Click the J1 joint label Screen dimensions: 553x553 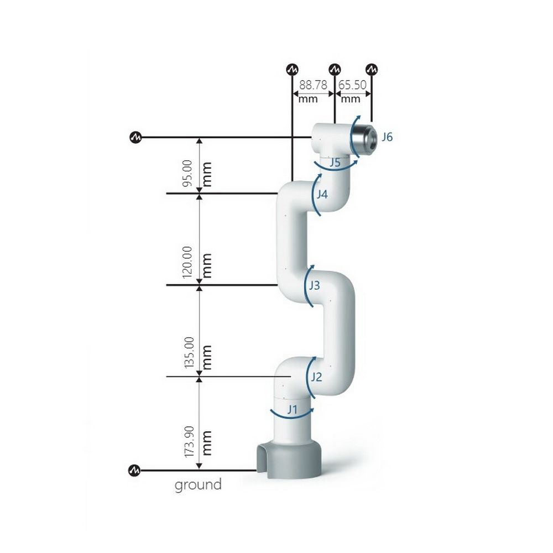pyautogui.click(x=292, y=409)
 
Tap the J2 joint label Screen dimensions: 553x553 pyautogui.click(x=316, y=377)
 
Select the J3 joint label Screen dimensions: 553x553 pyautogui.click(x=314, y=285)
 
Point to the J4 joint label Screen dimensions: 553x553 pyautogui.click(x=322, y=194)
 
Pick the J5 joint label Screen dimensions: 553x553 pyautogui.click(x=335, y=163)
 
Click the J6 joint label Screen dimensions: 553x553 pyautogui.click(x=387, y=137)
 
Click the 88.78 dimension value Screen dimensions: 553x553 pyautogui.click(x=313, y=85)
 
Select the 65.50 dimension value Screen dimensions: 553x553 pyautogui.click(x=352, y=85)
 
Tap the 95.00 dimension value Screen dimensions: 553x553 pyautogui.click(x=187, y=173)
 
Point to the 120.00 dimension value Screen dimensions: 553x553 pyautogui.click(x=187, y=262)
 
